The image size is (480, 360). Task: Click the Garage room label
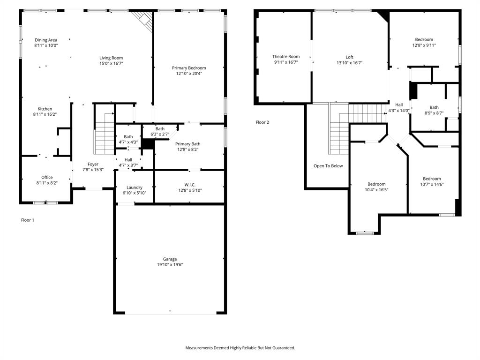point(170,259)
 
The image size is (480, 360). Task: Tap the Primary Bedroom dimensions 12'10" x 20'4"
point(188,74)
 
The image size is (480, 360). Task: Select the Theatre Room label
point(286,57)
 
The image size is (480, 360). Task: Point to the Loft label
point(349,57)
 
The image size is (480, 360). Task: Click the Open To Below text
point(328,166)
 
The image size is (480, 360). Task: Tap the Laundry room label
point(134,187)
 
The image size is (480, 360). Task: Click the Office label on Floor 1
point(47,177)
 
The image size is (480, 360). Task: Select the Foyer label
point(93,164)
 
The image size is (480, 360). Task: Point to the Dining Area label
point(46,40)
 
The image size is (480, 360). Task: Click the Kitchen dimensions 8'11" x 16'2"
point(45,114)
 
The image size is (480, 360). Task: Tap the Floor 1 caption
point(28,220)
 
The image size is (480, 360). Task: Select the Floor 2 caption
point(262,122)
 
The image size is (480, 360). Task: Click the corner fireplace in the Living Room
point(144,20)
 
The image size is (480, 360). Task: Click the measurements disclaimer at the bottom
point(240,348)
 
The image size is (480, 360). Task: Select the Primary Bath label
point(187,144)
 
